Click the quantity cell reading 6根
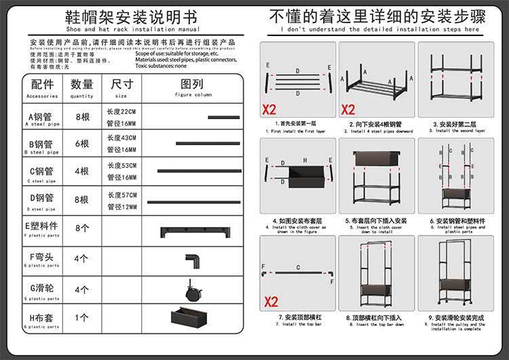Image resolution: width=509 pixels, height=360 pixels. click(82, 143)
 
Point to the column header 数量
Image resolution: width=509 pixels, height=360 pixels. click(82, 84)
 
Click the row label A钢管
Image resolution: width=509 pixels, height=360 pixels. click(41, 117)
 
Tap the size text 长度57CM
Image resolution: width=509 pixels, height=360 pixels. click(121, 195)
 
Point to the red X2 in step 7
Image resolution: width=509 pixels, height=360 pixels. click(271, 302)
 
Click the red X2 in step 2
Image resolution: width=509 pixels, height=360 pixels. click(347, 109)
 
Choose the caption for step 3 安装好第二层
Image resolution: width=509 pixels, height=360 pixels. click(454, 124)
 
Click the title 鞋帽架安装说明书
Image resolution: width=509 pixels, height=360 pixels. click(122, 17)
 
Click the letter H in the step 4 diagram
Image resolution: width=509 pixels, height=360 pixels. click(305, 161)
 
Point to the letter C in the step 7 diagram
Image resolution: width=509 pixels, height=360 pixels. click(298, 268)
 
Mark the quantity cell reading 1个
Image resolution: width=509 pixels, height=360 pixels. click(82, 317)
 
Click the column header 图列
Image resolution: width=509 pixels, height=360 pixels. click(192, 84)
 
